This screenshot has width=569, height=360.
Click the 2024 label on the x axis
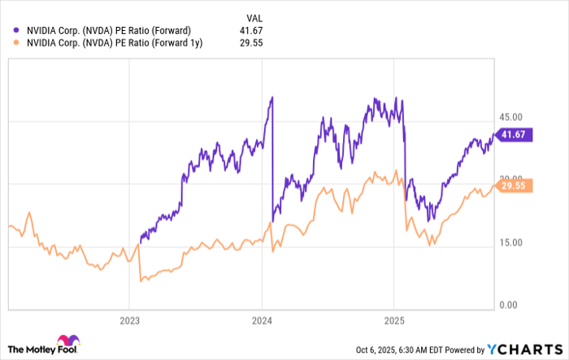click(x=262, y=320)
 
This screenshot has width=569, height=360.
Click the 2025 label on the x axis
click(x=393, y=320)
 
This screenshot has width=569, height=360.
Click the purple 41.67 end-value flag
click(x=515, y=135)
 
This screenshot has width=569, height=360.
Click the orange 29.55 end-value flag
click(x=515, y=185)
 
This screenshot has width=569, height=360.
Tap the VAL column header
click(x=255, y=16)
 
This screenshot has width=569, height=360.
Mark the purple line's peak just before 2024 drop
click(x=271, y=98)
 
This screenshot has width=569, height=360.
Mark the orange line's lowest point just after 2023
click(x=142, y=281)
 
